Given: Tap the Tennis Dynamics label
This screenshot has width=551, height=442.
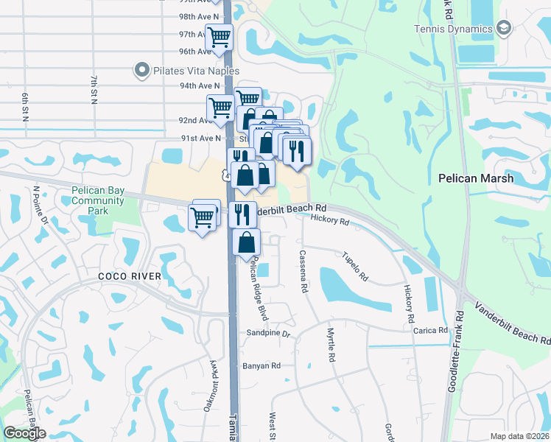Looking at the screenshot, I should [453, 29].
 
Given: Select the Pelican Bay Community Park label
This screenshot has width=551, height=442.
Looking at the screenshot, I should [98, 200].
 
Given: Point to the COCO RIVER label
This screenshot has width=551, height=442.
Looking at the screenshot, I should [130, 276].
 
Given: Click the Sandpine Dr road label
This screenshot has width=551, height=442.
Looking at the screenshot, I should [269, 334].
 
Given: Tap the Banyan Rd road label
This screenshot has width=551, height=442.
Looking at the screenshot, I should [261, 365].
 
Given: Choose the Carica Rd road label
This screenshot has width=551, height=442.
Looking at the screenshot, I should [431, 331].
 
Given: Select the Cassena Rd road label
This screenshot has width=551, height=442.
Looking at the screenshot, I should [302, 271].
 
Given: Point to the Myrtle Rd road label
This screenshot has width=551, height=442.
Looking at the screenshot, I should [331, 343].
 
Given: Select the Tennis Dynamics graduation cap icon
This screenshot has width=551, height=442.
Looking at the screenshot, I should [504, 29].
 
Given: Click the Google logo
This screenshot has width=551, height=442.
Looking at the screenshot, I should [24, 433].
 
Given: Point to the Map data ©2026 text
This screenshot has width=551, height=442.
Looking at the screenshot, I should [519, 436].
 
